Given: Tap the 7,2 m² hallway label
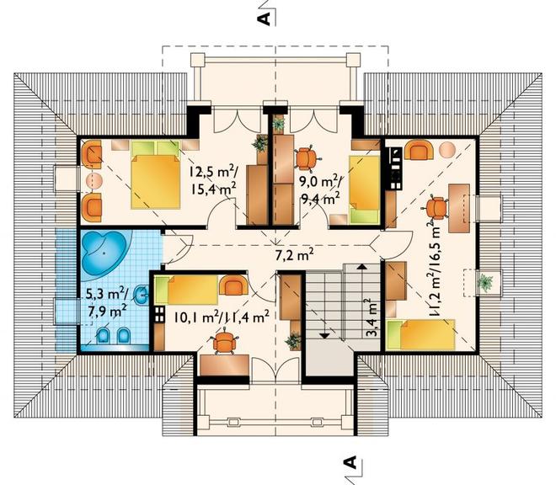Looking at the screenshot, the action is (x=294, y=254).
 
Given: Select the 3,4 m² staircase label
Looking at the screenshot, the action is (x=370, y=317).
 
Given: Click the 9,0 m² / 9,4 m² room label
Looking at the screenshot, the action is (x=321, y=191).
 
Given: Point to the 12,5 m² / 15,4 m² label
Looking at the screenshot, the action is (x=213, y=180).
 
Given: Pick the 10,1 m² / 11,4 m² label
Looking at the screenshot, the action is (x=221, y=317).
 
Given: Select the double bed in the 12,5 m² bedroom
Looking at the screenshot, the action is (x=155, y=174).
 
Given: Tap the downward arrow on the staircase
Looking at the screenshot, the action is (x=324, y=334).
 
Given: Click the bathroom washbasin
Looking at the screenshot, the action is (x=142, y=295).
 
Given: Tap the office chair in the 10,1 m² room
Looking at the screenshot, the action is (x=225, y=344).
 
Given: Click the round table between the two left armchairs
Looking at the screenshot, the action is (x=94, y=180).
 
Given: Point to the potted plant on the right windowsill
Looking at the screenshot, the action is (x=484, y=282).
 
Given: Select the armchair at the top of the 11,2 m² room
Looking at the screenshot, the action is (x=420, y=150).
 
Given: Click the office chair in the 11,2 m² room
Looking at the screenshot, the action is (x=435, y=208).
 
